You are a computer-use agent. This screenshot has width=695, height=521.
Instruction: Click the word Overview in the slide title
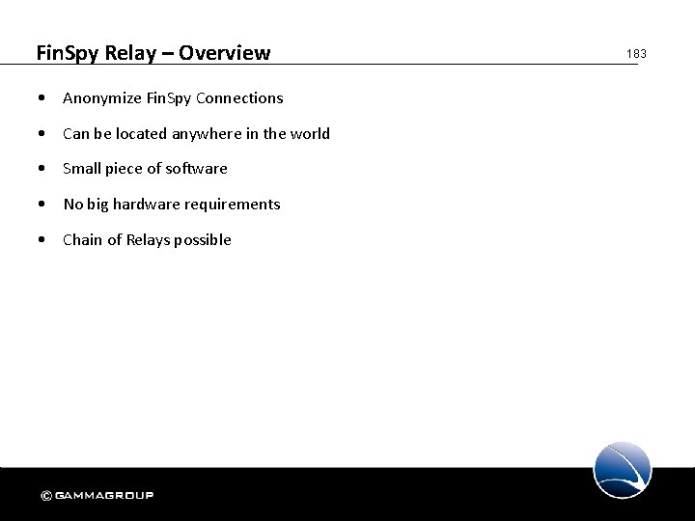[x=228, y=52]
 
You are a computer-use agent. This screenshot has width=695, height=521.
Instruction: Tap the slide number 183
[x=636, y=54]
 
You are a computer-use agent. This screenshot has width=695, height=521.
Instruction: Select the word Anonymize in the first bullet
[x=100, y=98]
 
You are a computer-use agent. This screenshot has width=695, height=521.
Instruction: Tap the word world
[x=309, y=133]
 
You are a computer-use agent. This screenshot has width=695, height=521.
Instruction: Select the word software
[x=197, y=169]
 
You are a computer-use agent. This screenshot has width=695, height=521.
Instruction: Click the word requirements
[x=236, y=204]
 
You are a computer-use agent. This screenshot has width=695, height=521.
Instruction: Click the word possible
[x=203, y=239]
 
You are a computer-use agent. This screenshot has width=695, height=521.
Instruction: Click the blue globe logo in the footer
[x=623, y=470]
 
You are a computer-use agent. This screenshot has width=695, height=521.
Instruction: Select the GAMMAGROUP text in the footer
[x=103, y=496]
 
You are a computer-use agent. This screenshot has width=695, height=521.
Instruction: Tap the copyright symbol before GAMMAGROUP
[x=45, y=496]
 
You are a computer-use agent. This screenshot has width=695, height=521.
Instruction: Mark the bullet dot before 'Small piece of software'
[x=42, y=169]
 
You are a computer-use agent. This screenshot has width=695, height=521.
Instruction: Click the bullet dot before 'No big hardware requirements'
[x=42, y=204]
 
